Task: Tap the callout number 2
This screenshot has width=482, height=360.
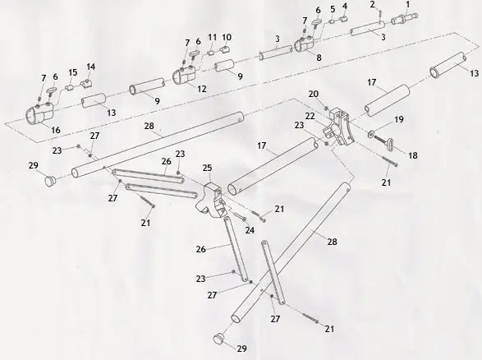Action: [x=371, y=5]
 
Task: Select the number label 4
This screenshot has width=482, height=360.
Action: [x=344, y=7]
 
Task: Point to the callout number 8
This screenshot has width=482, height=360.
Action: [x=319, y=58]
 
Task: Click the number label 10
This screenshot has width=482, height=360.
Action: [x=227, y=37]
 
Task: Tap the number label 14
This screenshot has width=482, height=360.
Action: [x=90, y=67]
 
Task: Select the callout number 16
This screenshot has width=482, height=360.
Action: [x=55, y=130]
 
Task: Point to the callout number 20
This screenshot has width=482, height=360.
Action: [x=313, y=94]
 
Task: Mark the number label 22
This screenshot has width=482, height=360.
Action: [x=310, y=116]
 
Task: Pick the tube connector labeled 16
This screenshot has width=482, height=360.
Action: [x=39, y=116]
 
